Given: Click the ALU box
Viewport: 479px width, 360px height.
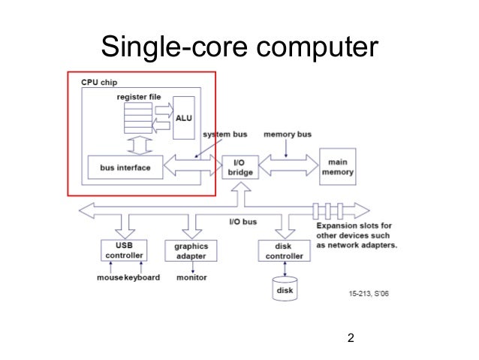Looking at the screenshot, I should pos(184,117).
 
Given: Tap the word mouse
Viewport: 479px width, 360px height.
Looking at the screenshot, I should pos(109,277).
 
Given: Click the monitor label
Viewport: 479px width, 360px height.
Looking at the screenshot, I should pos(191,277).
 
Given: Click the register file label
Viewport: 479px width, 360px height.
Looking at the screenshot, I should pos(137,96).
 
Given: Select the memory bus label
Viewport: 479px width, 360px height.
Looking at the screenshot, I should pos(288,135).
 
